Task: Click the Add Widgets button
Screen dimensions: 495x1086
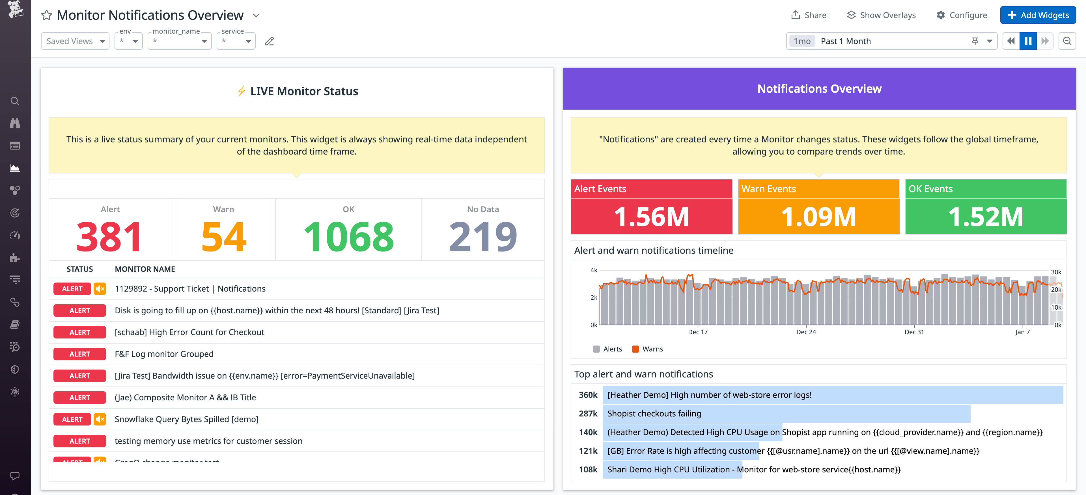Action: click(x=1038, y=15)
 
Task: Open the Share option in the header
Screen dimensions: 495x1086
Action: click(x=809, y=15)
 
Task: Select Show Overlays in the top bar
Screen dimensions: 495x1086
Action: click(x=881, y=15)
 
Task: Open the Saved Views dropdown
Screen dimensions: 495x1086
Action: click(x=75, y=41)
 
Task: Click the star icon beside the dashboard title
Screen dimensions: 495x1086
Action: click(x=46, y=16)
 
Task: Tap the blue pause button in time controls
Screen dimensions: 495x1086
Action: click(x=1028, y=41)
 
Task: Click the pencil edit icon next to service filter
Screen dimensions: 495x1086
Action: click(x=270, y=41)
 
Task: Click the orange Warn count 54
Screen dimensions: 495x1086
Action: click(x=223, y=237)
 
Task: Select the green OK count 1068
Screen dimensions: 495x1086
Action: click(x=348, y=237)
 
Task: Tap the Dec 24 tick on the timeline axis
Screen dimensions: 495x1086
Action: click(x=806, y=332)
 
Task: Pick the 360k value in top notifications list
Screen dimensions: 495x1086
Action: click(x=588, y=395)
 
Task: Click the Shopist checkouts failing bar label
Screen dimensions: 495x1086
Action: click(x=654, y=414)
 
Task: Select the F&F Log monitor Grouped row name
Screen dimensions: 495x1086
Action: click(x=164, y=354)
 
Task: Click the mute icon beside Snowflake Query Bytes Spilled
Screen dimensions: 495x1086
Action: click(x=100, y=419)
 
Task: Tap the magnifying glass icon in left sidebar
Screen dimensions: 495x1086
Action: click(x=15, y=101)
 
